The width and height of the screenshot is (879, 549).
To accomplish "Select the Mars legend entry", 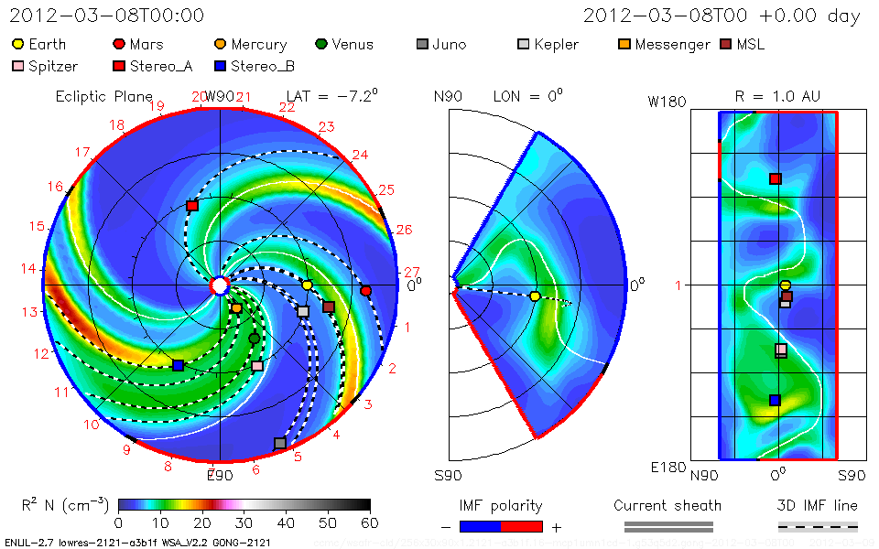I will point(137,44).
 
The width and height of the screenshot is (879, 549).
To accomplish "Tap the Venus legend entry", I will point(344,44).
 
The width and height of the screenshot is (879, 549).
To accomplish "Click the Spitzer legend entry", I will point(46,66).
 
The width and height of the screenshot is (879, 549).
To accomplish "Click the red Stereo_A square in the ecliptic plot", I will point(192,206).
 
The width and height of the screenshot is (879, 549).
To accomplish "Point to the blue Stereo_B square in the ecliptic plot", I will point(179,365).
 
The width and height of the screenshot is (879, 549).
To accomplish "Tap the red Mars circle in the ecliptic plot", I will point(366,291).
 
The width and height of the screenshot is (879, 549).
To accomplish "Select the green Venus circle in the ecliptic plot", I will point(255,339).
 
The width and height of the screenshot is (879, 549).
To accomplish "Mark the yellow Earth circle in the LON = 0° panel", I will point(535,296).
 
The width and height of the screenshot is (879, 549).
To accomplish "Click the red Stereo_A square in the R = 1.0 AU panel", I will point(775,178).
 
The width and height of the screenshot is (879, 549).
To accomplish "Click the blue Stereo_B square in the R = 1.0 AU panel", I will point(775,400).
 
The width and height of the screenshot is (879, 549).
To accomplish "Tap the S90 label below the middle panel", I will point(449,476).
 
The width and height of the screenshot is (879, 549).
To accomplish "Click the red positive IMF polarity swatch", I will point(522,526).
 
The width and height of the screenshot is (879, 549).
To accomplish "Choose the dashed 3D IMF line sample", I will point(818,526).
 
